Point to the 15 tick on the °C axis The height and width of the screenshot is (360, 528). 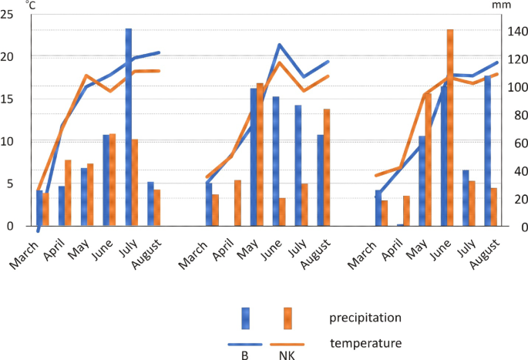pos(9,99)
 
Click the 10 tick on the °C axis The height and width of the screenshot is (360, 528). pos(9,141)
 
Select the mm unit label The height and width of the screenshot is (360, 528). pos(501,5)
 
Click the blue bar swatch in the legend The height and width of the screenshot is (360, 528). pos(245,318)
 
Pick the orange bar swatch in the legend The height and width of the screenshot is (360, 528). pos(287,318)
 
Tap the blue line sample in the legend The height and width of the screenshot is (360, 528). pos(245,344)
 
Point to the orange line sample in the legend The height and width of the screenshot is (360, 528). pos(287,344)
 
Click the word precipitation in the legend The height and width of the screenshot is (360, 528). pos(365,318)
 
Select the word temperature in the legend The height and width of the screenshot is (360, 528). pos(365,343)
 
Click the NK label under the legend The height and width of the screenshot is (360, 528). pos(287,355)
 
